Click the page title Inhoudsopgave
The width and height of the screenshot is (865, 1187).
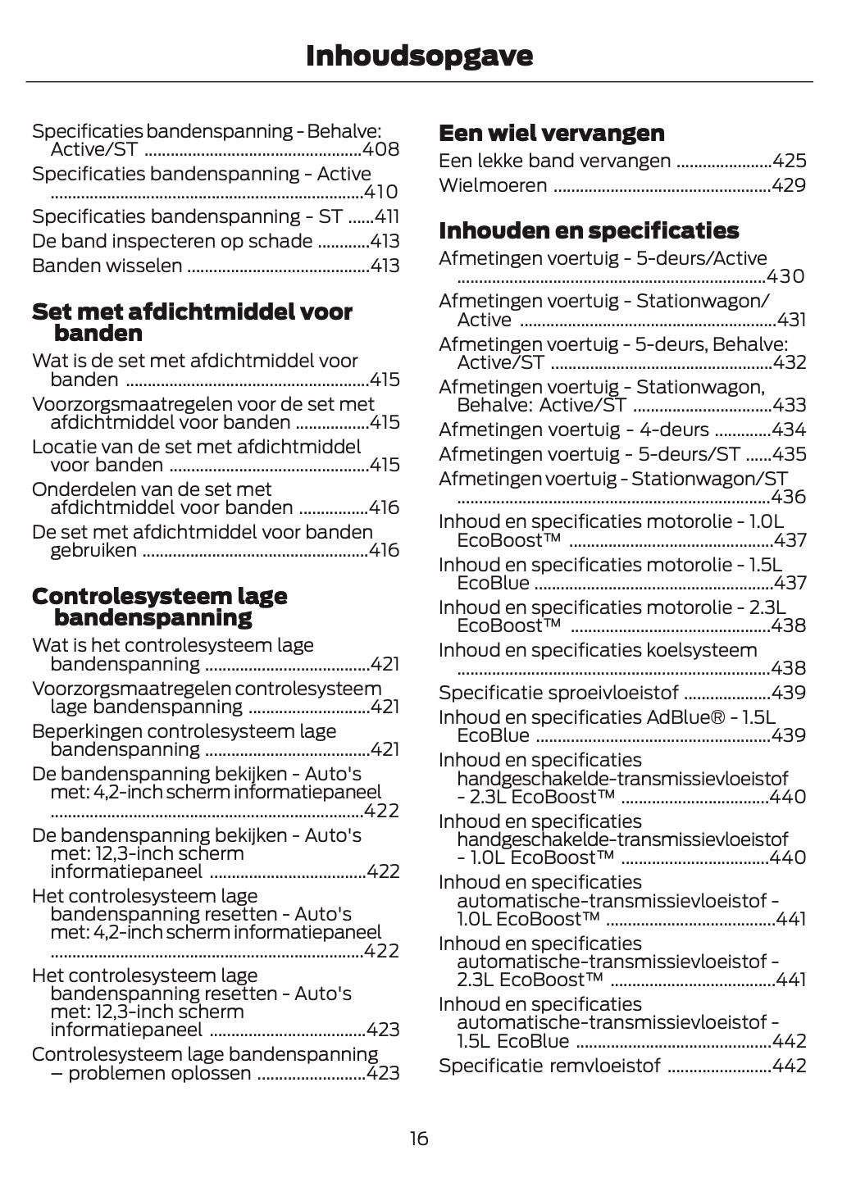click(419, 56)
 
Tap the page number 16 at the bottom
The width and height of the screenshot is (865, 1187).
click(419, 1139)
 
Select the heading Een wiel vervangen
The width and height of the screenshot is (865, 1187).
click(551, 133)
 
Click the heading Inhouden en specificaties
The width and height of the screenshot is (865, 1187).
click(588, 230)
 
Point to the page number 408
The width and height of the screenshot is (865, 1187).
click(381, 149)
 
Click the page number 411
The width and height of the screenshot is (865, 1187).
click(386, 216)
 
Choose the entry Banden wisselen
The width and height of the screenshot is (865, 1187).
click(107, 266)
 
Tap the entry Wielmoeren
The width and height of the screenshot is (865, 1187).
click(492, 185)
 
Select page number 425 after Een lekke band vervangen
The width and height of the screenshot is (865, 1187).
click(790, 161)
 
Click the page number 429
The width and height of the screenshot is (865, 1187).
click(790, 185)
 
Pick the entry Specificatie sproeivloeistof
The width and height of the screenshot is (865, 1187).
click(558, 693)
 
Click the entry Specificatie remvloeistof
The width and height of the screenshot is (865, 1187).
click(549, 1066)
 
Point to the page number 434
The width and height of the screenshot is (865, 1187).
click(790, 430)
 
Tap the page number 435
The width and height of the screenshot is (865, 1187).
click(790, 454)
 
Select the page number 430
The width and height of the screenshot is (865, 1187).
click(785, 276)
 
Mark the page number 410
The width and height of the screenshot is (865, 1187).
click(381, 192)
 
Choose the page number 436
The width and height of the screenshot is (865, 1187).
click(789, 497)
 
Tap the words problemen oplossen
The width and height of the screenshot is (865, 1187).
click(159, 1073)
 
